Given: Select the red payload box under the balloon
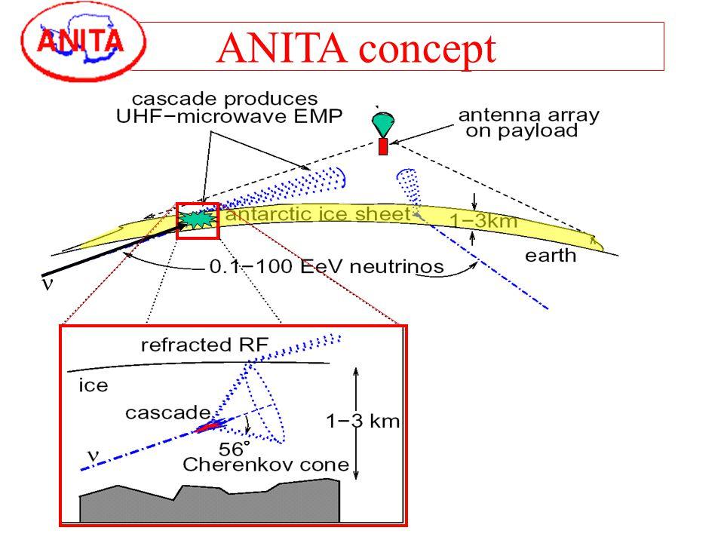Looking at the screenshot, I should tap(382, 146).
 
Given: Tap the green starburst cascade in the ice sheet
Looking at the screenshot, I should tap(197, 219).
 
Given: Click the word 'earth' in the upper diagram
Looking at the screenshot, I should tap(550, 256).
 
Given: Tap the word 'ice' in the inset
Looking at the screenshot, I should tap(94, 385).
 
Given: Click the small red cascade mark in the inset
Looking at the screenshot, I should tap(208, 427).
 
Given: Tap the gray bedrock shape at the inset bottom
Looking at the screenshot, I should tap(211, 505).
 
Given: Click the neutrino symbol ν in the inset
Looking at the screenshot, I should tap(93, 454).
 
